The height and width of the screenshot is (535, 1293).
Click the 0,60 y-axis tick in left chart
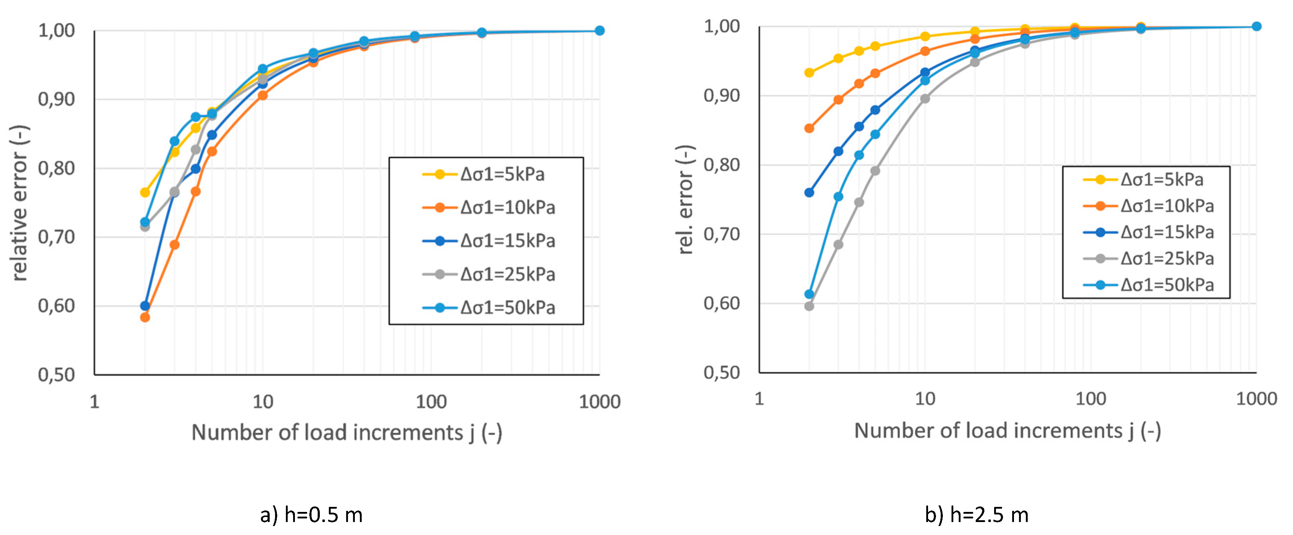pos(56,305)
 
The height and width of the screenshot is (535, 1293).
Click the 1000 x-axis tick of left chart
pos(599,402)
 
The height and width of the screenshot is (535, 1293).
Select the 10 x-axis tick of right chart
pos(924,399)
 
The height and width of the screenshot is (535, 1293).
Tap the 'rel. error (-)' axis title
pos(685,200)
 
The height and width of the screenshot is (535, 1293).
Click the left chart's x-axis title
pos(346,432)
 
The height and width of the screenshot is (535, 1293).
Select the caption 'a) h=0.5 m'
pos(311,515)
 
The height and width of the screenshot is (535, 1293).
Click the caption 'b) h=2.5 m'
pos(976,515)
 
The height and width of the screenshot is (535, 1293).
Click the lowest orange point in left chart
pos(145,317)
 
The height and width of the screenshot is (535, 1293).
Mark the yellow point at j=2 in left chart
pos(145,193)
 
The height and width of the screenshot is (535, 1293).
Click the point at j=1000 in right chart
pos(1256,27)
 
